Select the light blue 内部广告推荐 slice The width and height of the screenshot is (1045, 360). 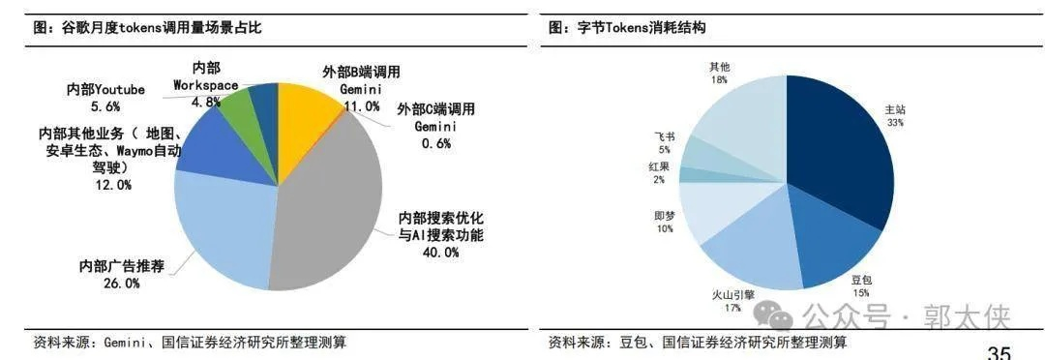point(218,227)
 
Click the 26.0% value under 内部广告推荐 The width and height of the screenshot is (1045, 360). point(122,284)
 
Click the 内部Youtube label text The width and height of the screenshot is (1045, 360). point(105,89)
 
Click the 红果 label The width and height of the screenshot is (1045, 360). point(658,167)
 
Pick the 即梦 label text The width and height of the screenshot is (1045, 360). point(664,216)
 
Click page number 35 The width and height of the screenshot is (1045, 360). point(999,351)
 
